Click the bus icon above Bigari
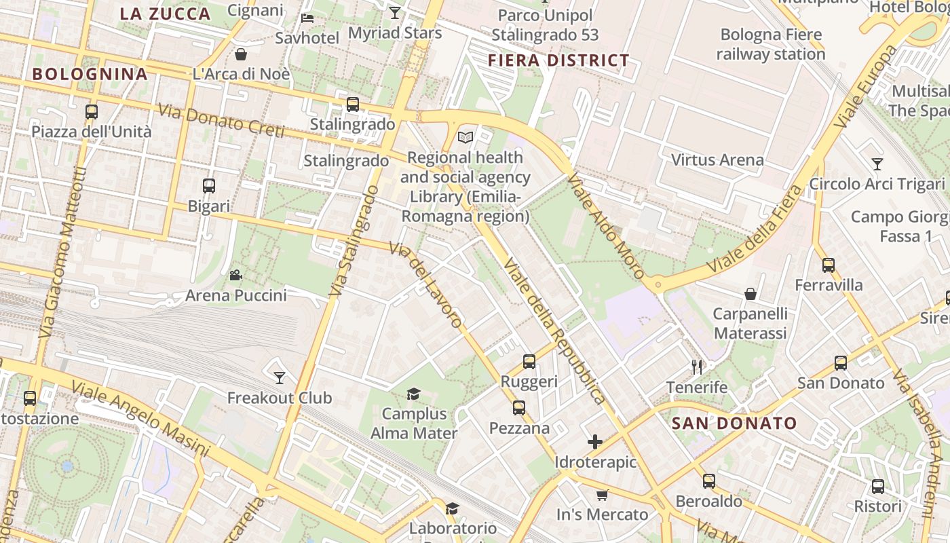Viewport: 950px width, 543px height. pos(209,185)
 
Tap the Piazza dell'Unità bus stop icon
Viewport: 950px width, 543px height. pos(92,111)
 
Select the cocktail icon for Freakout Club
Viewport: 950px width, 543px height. pos(280,377)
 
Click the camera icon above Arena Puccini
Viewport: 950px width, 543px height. pos(235,275)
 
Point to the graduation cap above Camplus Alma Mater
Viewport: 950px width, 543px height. pos(413,394)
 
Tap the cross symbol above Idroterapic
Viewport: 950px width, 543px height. pos(595,443)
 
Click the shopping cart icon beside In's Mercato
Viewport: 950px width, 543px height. pos(602,495)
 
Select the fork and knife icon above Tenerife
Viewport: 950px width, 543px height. pos(697,367)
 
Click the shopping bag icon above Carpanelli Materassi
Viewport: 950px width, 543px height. pos(750,294)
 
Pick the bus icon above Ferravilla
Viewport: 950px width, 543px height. pos(829,265)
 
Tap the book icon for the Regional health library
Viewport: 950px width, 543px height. pos(465,138)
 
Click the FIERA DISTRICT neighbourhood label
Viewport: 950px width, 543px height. pos(558,60)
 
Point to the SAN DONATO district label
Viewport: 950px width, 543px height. pos(734,424)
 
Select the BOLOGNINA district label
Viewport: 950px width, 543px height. pos(90,74)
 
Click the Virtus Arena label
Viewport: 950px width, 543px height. pos(717,160)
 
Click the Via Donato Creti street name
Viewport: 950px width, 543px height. pos(221,121)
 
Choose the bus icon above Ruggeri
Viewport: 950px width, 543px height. pos(529,362)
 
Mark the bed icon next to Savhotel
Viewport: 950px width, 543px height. pos(307,18)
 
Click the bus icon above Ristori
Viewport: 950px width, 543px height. pos(878,486)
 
